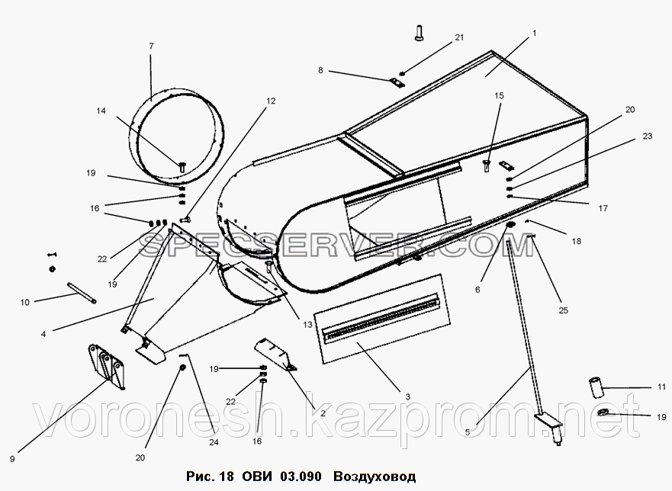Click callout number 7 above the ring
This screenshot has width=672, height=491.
pyautogui.click(x=151, y=46)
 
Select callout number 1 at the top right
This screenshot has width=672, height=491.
pyautogui.click(x=535, y=33)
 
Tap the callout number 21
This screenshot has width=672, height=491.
pyautogui.click(x=459, y=37)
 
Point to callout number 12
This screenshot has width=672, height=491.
pyautogui.click(x=271, y=101)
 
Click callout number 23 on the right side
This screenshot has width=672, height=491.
pyautogui.click(x=647, y=136)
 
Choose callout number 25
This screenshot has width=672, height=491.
pyautogui.click(x=563, y=310)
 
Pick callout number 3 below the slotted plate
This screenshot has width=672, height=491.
pyautogui.click(x=407, y=396)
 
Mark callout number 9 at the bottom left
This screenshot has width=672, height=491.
pyautogui.click(x=12, y=459)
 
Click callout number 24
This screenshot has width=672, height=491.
pyautogui.click(x=214, y=441)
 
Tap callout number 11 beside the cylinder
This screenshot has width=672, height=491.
pyautogui.click(x=662, y=387)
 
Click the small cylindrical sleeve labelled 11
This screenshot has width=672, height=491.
pyautogui.click(x=595, y=388)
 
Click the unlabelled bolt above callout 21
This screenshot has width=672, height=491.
pyautogui.click(x=419, y=33)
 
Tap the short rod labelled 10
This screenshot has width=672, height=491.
pyautogui.click(x=81, y=293)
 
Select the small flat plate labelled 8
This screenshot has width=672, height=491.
pyautogui.click(x=398, y=82)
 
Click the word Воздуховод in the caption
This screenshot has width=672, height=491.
pyautogui.click(x=375, y=477)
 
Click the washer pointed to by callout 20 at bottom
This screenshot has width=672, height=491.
pyautogui.click(x=182, y=367)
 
